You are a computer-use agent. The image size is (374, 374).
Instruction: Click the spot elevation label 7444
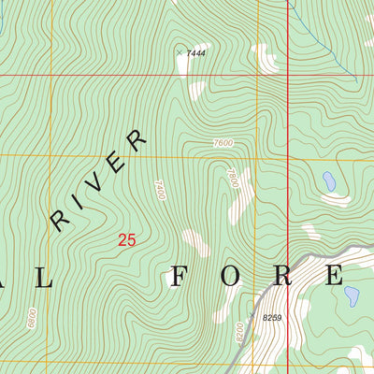pyautogui.click(x=195, y=53)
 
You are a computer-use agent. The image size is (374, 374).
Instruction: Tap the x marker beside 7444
pyautogui.click(x=180, y=52)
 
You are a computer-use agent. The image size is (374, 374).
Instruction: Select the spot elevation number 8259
pyautogui.click(x=272, y=318)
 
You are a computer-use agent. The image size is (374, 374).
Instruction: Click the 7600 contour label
pyautogui.click(x=223, y=143)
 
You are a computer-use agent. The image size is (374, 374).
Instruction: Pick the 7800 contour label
pyautogui.click(x=233, y=177)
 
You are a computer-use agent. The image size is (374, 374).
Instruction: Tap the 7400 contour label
pyautogui.click(x=160, y=192)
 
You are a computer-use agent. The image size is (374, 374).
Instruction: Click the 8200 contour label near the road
pyautogui.click(x=239, y=331)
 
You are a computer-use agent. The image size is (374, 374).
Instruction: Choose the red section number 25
pyautogui.click(x=127, y=240)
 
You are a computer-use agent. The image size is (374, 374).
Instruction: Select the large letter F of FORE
pyautogui.click(x=178, y=276)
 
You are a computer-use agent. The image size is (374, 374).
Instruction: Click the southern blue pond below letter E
pyautogui.click(x=352, y=296)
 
